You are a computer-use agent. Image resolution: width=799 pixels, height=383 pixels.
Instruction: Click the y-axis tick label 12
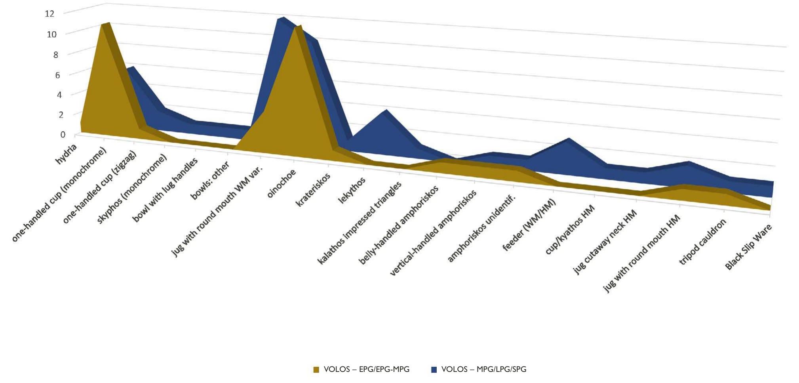pos(49,13)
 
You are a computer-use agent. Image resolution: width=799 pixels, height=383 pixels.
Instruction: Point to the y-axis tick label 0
pos(63,135)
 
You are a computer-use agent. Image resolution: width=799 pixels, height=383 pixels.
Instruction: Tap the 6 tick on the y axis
pos(57,74)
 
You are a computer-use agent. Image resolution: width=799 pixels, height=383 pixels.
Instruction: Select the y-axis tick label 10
pos(51,34)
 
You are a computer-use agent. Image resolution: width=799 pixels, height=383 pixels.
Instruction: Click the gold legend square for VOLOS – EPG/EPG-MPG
pos(316,370)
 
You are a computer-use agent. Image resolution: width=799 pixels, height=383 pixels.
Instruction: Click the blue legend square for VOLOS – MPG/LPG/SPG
pos(434,370)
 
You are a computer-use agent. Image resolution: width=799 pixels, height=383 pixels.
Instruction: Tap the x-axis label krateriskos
pos(313,190)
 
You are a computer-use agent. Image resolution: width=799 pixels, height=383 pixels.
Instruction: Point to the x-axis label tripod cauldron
pos(703,242)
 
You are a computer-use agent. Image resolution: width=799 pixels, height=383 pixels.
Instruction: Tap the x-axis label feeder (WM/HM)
pos(529,225)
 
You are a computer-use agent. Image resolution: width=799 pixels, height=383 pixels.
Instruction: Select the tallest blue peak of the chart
pos(281,19)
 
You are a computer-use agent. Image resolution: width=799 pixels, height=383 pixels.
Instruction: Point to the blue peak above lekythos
pos(385,111)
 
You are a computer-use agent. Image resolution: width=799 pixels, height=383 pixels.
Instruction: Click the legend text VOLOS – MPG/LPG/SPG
pos(483,370)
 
